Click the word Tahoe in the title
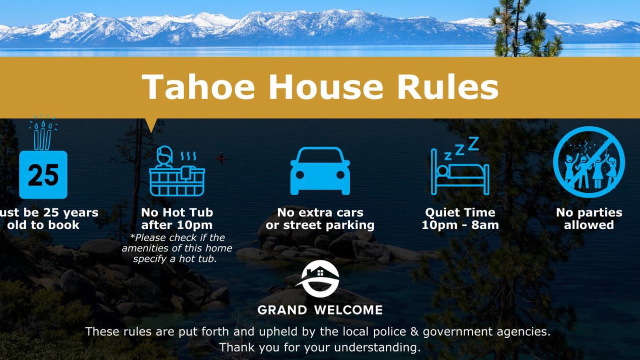point(198,86)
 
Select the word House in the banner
point(325,86)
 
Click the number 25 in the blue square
point(43,175)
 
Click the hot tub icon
point(177,171)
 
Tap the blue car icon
point(320,171)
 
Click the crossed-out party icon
point(589,162)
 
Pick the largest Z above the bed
point(473,143)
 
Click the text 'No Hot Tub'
point(177,212)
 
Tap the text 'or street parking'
point(320,225)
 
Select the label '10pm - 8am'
point(460,225)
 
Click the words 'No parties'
point(589,212)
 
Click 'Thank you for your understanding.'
point(319,347)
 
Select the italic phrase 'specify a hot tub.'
point(175,259)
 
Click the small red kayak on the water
point(221,157)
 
